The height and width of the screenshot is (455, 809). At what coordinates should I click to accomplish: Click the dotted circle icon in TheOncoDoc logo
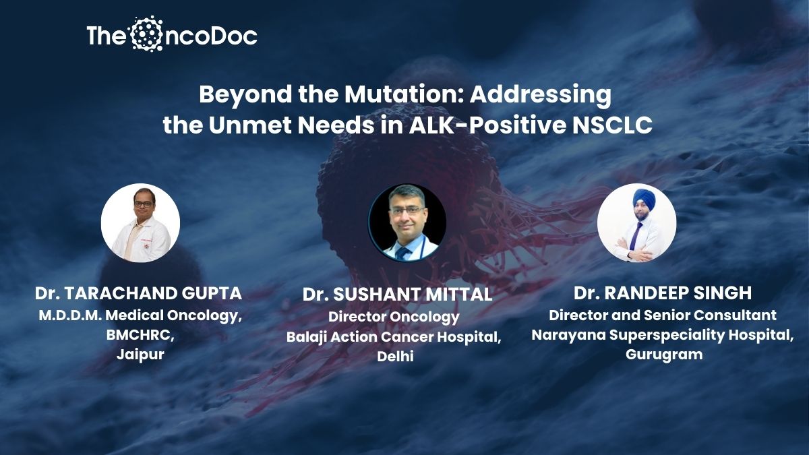click(x=147, y=34)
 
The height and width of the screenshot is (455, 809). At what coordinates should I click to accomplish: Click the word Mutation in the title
click(x=403, y=94)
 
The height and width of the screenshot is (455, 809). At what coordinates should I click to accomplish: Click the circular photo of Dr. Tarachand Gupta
click(x=140, y=223)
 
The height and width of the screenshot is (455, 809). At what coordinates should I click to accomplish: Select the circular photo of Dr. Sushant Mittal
click(x=407, y=222)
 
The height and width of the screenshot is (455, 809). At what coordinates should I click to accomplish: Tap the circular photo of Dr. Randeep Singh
click(x=636, y=223)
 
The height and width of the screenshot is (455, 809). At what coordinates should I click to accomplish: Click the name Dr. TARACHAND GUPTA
click(x=138, y=293)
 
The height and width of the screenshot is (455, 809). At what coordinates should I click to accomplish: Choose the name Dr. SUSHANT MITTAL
click(x=397, y=295)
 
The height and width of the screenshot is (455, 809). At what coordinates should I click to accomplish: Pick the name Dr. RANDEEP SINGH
click(x=663, y=293)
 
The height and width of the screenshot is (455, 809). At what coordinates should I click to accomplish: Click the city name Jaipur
click(x=140, y=355)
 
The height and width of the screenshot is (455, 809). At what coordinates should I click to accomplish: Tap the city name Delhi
click(x=395, y=357)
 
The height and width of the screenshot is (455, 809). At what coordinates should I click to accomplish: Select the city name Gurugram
click(x=664, y=355)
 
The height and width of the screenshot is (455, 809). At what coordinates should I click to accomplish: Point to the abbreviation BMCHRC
click(x=140, y=336)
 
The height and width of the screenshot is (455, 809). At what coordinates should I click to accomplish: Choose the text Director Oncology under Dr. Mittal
click(x=394, y=317)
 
